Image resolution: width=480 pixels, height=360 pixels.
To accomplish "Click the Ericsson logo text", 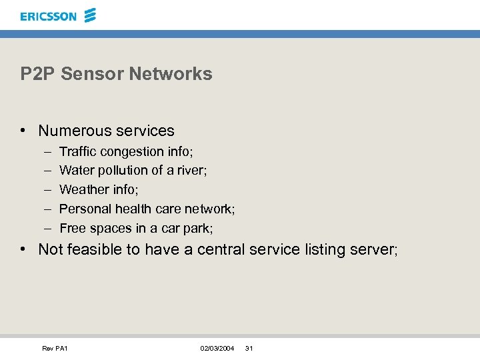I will coord(49,16).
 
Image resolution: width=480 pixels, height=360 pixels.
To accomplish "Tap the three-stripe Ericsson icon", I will coord(91,15).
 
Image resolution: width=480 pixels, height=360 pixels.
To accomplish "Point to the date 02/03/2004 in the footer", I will coord(217,349).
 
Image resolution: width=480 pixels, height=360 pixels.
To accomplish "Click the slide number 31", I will coord(249,349).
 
